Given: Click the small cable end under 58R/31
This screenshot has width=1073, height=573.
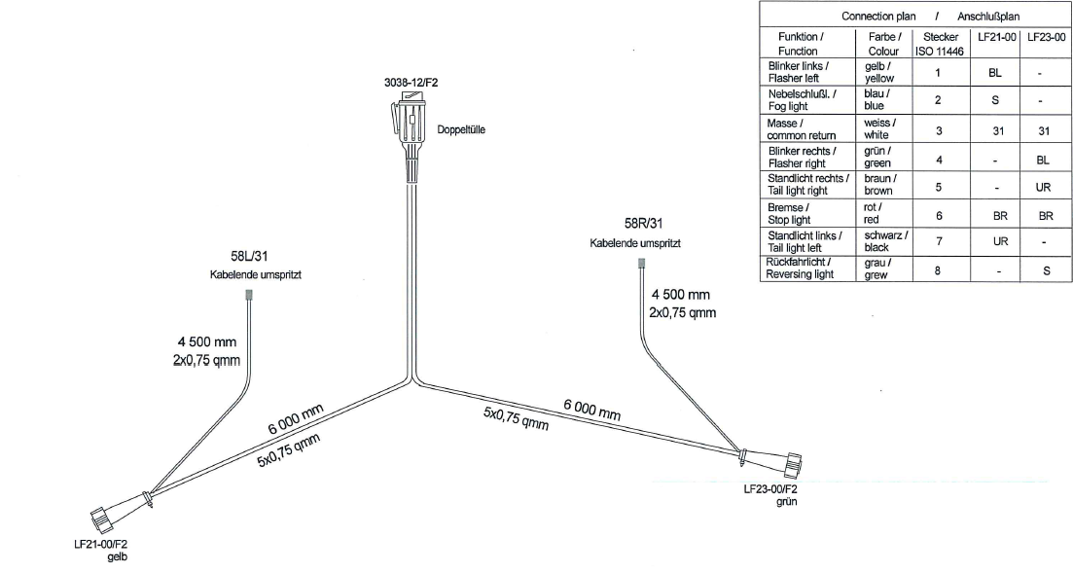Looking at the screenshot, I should point(641,264).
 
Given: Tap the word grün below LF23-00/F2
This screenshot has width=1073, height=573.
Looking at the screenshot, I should point(787,505).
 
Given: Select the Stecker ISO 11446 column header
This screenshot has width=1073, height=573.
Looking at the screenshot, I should point(938,44).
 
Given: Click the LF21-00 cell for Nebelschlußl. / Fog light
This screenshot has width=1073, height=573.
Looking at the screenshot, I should point(994,99).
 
